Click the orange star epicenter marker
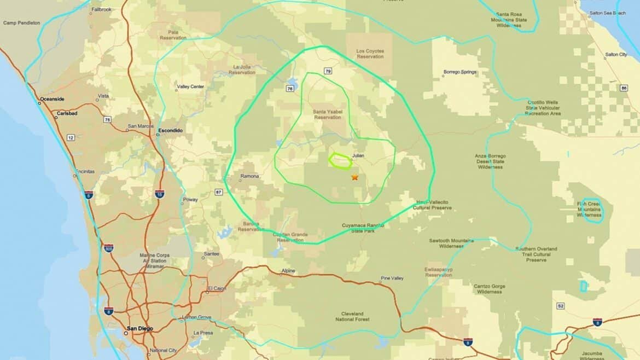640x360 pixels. (354, 177)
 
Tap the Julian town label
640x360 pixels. (359, 156)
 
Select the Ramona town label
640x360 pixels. (249, 176)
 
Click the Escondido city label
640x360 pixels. (170, 130)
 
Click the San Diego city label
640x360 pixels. (140, 328)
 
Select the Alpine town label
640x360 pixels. (288, 271)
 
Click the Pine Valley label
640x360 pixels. (392, 278)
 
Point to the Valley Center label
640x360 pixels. (190, 86)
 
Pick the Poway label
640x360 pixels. (190, 200)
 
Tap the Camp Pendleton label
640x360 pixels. (22, 22)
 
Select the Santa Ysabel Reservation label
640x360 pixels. (327, 114)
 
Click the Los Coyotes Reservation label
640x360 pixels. (370, 54)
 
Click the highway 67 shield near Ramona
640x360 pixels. (219, 191)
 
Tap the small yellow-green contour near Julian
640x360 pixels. (340, 160)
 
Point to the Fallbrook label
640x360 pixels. (102, 9)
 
